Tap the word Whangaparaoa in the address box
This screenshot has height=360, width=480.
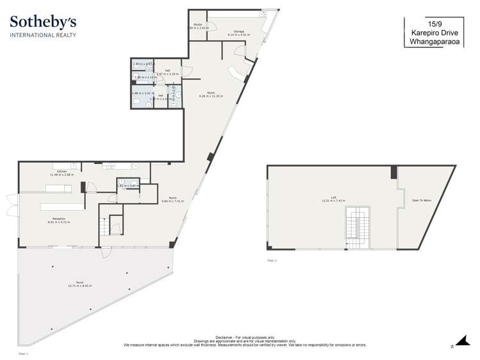click(x=434, y=44)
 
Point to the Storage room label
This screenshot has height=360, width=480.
click(x=238, y=31)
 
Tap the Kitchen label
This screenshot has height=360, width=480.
click(x=62, y=171)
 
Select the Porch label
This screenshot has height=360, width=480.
click(x=80, y=282)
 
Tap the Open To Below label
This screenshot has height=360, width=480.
click(x=421, y=200)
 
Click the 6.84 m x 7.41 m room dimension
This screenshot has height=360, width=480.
click(x=172, y=201)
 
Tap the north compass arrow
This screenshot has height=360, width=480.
click(x=460, y=341)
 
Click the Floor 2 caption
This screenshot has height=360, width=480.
click(x=272, y=261)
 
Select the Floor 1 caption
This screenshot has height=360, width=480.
click(x=23, y=353)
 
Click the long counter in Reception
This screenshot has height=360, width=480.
click(x=62, y=206)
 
